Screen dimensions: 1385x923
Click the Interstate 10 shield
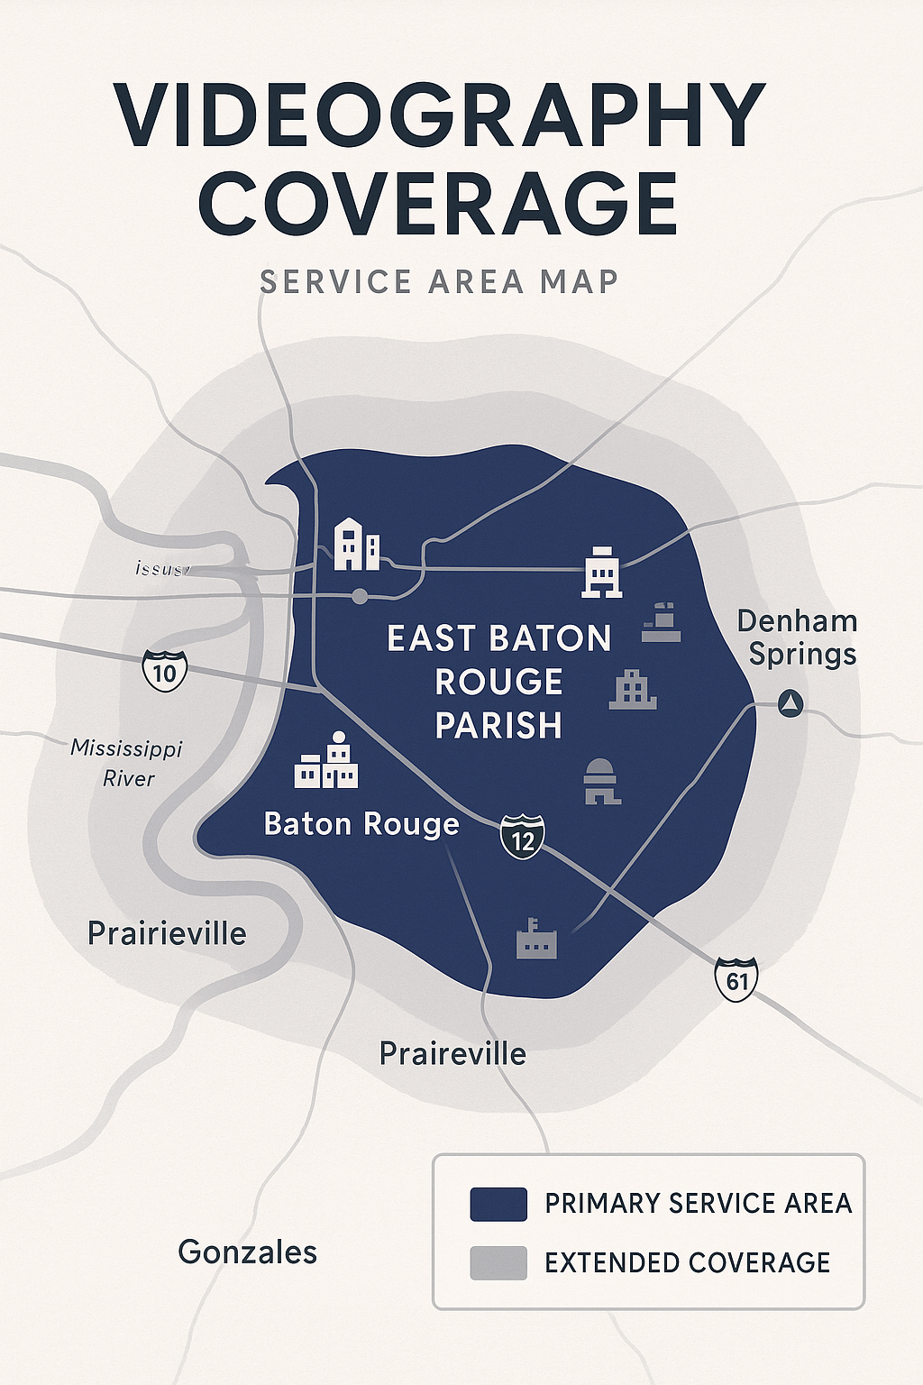164,671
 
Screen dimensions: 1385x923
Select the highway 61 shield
736,978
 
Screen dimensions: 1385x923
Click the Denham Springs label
798,637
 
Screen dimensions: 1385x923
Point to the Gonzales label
248,1252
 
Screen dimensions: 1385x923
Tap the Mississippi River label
127,763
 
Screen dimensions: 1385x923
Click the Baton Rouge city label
361,824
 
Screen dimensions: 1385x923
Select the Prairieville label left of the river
167,933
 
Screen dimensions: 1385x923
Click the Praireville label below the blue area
452,1053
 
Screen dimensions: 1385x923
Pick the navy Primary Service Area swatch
498,1204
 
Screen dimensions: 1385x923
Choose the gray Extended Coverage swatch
498,1262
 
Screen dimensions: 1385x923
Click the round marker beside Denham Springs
790,703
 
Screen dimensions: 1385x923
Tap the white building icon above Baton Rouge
326,762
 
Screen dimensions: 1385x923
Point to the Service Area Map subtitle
439,282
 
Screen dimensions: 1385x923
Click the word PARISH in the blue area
498,726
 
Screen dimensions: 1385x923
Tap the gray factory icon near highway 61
536,940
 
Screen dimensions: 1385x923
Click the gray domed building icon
601,781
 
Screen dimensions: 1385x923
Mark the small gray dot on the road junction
360,596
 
